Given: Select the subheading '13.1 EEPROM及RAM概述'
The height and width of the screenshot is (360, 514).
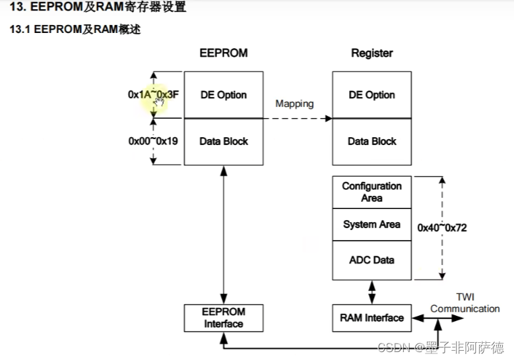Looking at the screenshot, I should point(74,30).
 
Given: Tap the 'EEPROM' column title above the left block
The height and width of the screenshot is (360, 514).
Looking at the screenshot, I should point(223,53).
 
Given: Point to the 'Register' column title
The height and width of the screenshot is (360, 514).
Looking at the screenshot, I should point(371,53).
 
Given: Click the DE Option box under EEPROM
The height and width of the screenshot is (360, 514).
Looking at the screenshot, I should point(223,95).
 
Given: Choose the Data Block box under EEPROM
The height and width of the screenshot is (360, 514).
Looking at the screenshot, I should point(223,141).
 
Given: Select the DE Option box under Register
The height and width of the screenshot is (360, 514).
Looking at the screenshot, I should point(371,95).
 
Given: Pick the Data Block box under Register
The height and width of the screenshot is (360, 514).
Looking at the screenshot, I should point(371,141).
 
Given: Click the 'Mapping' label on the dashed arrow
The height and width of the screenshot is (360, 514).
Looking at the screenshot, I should point(294,104).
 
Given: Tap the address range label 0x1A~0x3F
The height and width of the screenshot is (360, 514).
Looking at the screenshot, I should point(153,94).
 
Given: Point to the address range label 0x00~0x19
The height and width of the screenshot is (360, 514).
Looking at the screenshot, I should point(153,140).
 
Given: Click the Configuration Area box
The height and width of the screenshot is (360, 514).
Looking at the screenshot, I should point(371,192).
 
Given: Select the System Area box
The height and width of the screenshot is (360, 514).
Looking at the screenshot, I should point(371,225).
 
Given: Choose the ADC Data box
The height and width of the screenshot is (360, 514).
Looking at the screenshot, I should point(371,260).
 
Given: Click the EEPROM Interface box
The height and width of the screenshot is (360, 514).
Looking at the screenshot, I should point(224,318).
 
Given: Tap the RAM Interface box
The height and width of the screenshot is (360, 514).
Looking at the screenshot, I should point(371,318).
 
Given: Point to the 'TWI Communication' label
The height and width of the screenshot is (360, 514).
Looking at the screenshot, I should point(465,303).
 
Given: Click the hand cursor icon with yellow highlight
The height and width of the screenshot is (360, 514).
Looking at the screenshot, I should point(159,102).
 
